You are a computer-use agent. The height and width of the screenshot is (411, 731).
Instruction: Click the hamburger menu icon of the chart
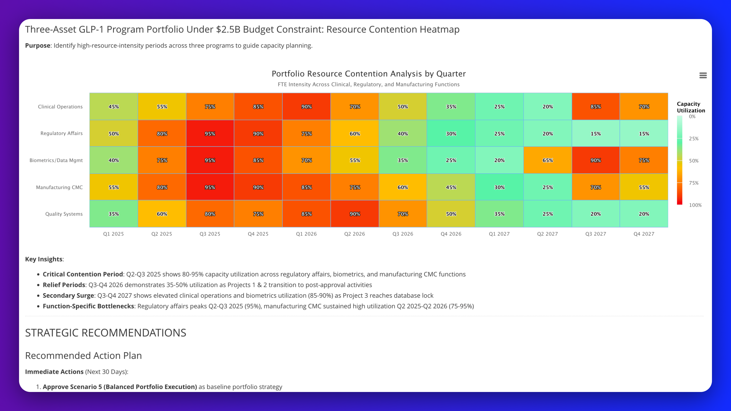point(703,76)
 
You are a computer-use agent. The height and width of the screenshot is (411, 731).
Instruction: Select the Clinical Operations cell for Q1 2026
point(306,107)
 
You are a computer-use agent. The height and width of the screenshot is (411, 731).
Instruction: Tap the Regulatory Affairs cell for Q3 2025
point(210,133)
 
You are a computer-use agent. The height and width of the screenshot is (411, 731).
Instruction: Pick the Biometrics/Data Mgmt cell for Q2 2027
point(547,160)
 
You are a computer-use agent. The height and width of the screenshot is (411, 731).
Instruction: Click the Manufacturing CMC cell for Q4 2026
point(451,187)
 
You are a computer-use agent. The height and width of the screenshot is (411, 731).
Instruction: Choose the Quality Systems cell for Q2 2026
point(355,214)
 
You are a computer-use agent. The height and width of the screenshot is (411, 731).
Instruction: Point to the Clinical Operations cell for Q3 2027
point(596,107)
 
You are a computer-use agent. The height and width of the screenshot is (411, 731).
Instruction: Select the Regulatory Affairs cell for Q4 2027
point(644,133)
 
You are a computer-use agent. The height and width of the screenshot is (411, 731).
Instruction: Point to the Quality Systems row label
point(64,214)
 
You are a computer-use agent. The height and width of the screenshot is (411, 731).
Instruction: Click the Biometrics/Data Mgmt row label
point(56,160)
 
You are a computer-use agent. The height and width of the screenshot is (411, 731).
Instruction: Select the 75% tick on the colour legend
point(694,183)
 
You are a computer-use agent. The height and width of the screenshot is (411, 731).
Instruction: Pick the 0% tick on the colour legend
point(692,117)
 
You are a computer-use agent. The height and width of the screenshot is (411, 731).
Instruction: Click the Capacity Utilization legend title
point(691,107)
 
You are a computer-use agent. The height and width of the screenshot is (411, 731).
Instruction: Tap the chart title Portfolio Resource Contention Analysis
point(369,74)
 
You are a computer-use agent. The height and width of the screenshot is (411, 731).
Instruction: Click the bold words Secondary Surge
point(68,296)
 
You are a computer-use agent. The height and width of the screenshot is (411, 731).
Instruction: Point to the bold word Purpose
point(38,46)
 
